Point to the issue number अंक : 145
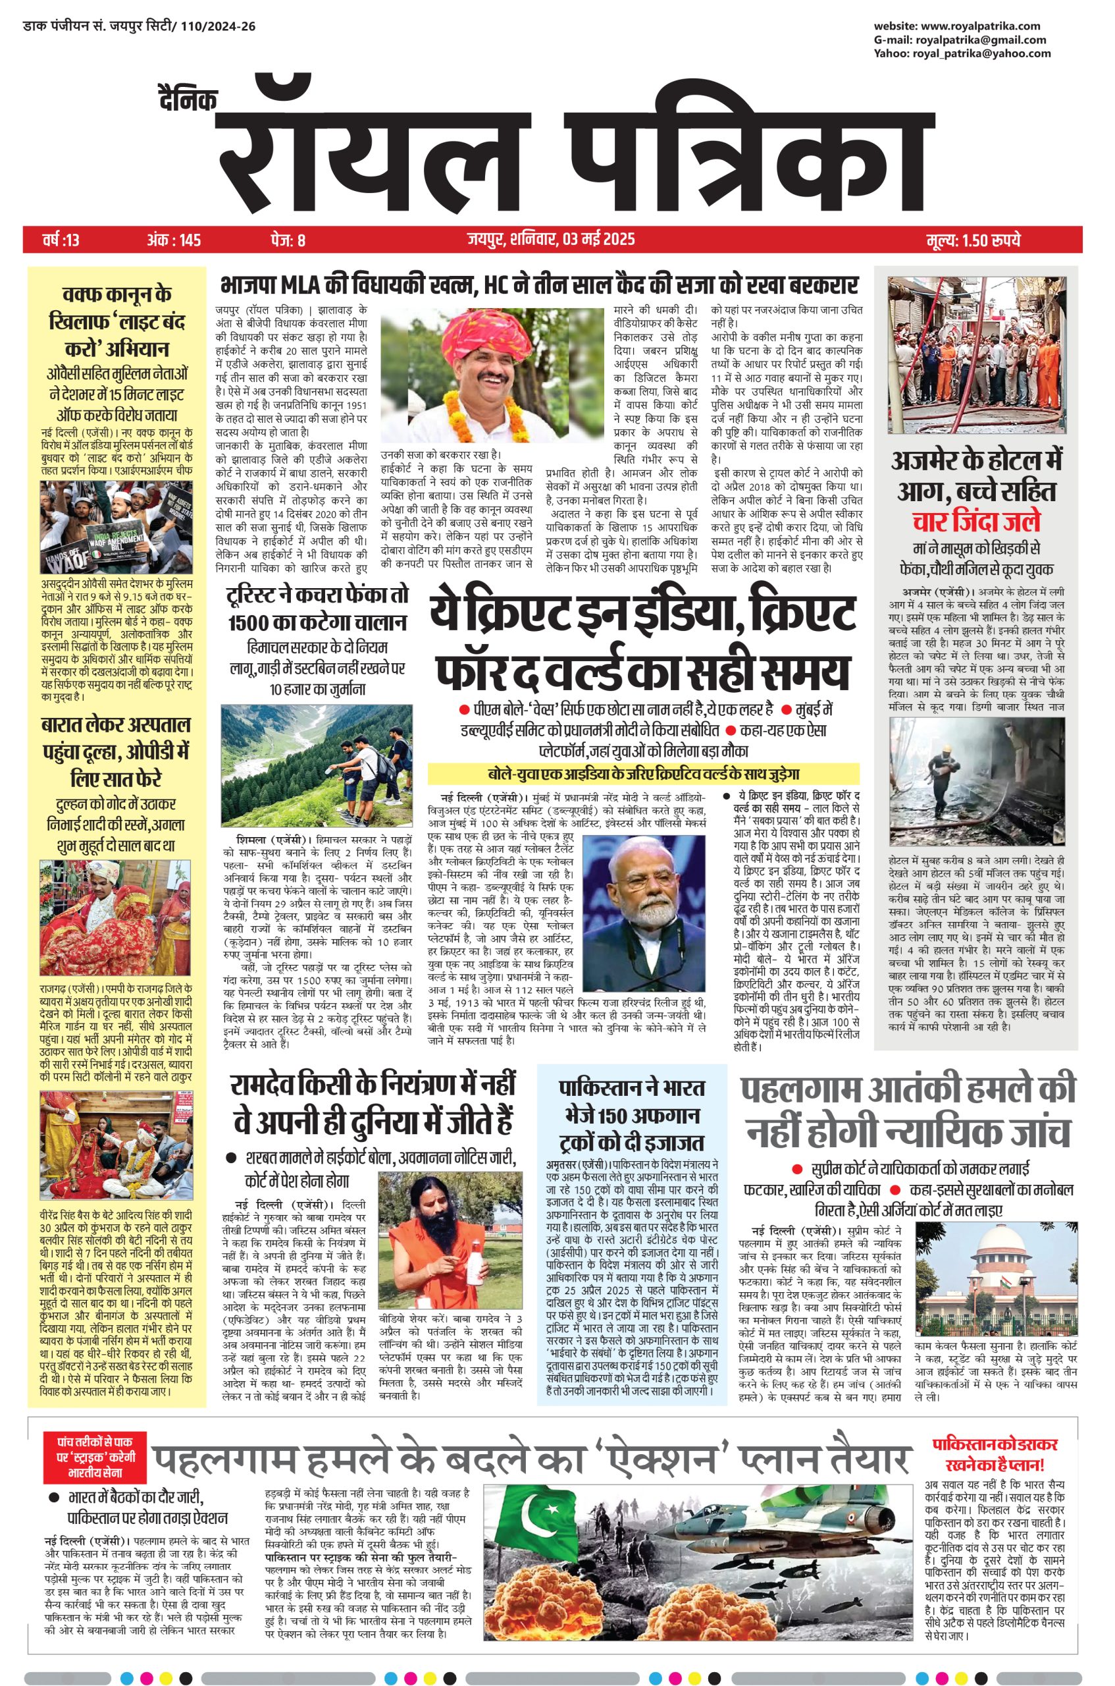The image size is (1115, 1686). pos(174,240)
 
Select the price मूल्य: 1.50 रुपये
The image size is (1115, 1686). pos(973,240)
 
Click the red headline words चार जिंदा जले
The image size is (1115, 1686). pos(976,522)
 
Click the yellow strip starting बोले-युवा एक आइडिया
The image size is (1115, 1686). pos(643,773)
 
